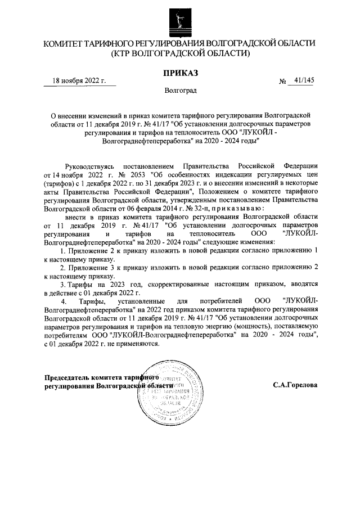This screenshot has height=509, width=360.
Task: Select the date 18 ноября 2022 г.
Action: coord(79,81)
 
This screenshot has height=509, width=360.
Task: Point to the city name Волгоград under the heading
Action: coord(180,90)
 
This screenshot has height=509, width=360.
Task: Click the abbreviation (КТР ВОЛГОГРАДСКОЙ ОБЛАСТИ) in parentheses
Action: coord(180,53)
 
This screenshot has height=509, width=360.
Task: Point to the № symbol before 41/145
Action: coord(282,82)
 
